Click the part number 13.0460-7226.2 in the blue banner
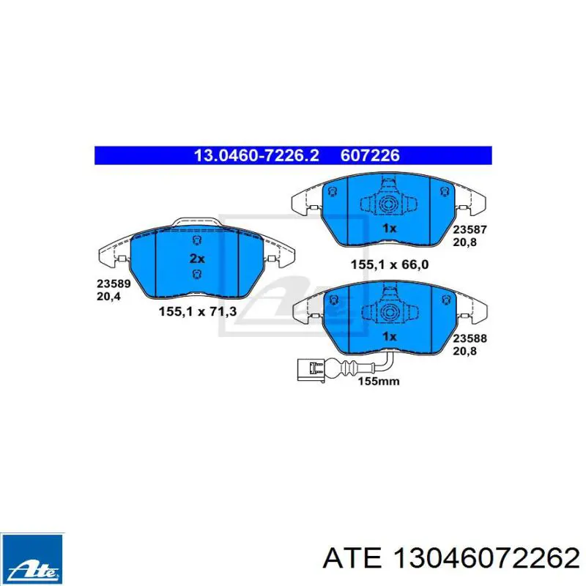pyautogui.click(x=256, y=155)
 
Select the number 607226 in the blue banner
pyautogui.click(x=370, y=155)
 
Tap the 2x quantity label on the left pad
pyautogui.click(x=197, y=259)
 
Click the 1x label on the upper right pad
pyautogui.click(x=389, y=228)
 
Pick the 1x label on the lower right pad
pyautogui.click(x=389, y=337)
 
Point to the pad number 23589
pyautogui.click(x=114, y=283)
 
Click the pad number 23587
pyautogui.click(x=470, y=229)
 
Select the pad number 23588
pyautogui.click(x=470, y=338)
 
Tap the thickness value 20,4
pyautogui.click(x=108, y=297)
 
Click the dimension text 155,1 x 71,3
pyautogui.click(x=198, y=311)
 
